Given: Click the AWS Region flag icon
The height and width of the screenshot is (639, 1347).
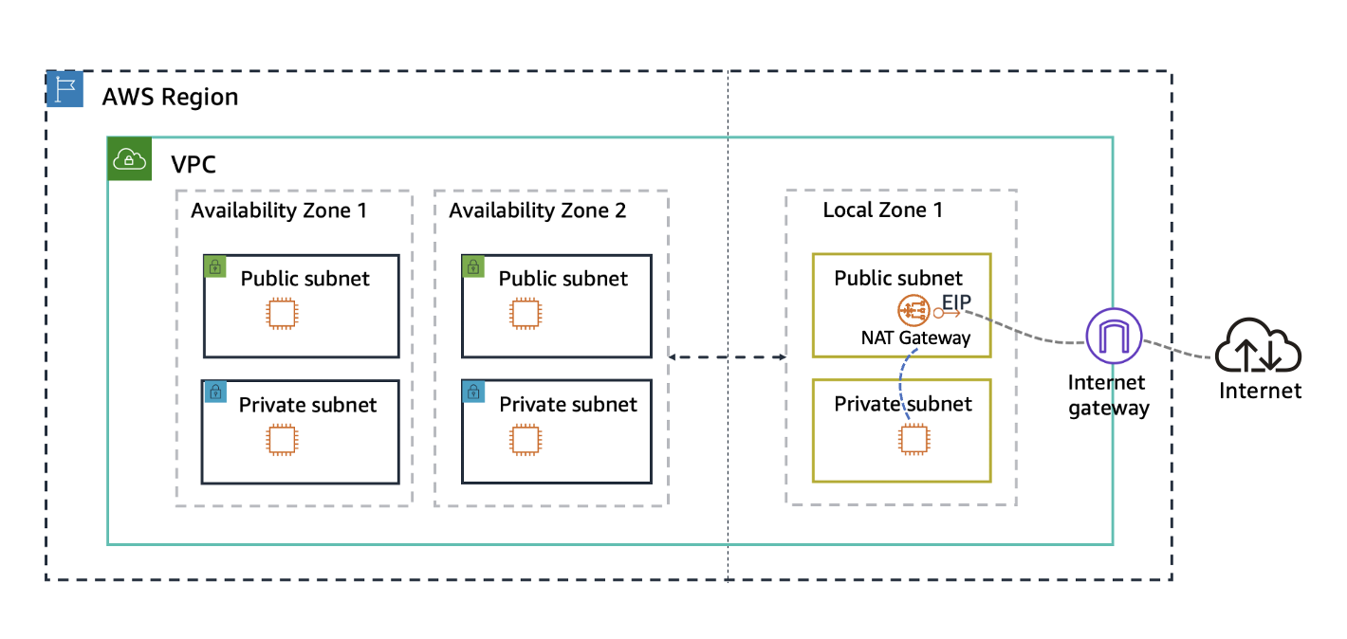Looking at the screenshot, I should pos(65,88).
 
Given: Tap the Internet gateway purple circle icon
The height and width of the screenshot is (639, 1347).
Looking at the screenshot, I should pos(1115,337).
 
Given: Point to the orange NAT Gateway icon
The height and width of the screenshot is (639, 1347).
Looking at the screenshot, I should pos(913,311).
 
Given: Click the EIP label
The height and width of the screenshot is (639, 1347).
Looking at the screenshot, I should pos(956,302).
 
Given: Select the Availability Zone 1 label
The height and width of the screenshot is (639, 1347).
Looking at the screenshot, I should pos(278,210).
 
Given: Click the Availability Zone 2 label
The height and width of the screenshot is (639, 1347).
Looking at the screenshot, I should pos(537,210).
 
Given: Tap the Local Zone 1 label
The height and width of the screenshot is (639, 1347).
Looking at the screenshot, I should pos(882,210).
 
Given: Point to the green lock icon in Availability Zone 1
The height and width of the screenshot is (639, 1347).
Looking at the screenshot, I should pos(214,266).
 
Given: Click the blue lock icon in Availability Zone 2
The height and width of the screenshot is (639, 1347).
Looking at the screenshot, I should pos(471,391).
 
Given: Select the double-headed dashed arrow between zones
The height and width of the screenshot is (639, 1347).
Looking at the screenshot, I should pos(728,357).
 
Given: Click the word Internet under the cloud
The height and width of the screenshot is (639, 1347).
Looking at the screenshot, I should pos(1260,391).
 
